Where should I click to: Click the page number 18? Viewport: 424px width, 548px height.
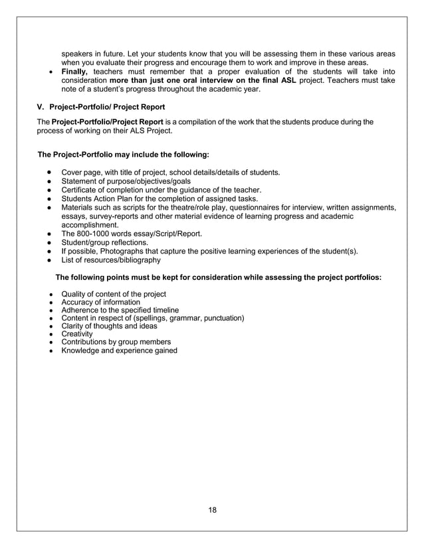tap(212, 510)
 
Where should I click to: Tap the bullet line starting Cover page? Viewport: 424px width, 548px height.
tap(170, 172)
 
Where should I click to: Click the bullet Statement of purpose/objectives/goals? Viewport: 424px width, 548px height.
tap(126, 181)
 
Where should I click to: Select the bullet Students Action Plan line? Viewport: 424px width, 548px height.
tap(159, 198)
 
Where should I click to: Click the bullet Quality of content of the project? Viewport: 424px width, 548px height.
tap(114, 294)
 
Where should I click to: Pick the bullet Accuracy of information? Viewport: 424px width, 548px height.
tap(100, 302)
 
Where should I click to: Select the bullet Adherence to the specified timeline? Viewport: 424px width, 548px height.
tap(120, 310)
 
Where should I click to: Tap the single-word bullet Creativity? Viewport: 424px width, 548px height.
tap(77, 334)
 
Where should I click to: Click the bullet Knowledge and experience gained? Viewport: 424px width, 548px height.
tap(119, 350)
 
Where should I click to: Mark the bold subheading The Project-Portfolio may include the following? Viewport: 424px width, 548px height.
tap(124, 155)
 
